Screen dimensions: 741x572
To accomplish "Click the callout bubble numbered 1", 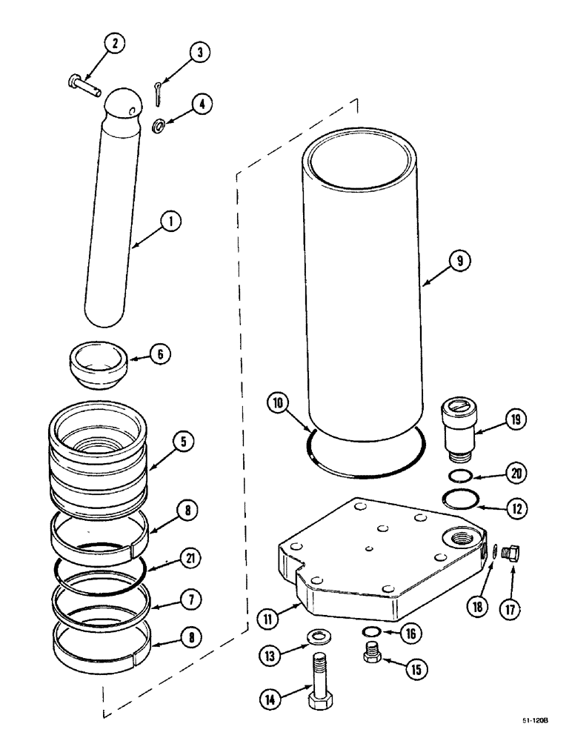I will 170,220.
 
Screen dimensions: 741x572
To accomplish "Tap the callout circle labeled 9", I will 459,260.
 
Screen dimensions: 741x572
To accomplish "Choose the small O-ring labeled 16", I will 373,631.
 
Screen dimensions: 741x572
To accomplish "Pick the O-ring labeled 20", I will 462,474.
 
